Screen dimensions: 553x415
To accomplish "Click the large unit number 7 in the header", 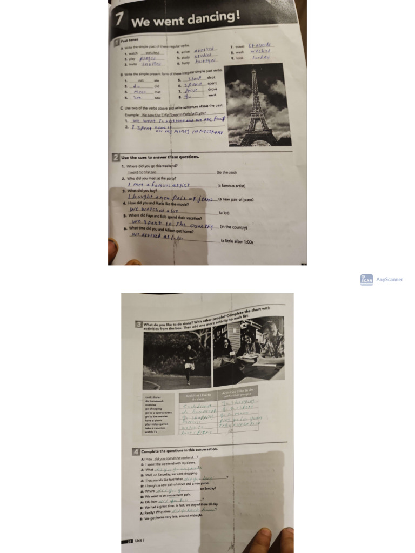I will pos(119,19).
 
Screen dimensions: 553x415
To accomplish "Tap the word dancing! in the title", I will pos(214,18).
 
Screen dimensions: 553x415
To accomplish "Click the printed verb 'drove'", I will pos(212,89).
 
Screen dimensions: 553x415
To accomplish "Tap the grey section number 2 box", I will pos(116,157).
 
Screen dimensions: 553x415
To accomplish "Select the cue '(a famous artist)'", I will pos(231,186).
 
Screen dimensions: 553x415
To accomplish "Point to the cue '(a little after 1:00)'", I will pos(237,241).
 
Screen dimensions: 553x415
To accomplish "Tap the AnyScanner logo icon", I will pos(366,280).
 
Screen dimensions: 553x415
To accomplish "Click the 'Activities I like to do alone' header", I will pos(198,397).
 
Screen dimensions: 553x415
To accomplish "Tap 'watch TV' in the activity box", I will pos(151,431).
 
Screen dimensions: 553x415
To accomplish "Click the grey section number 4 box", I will pos(136,451).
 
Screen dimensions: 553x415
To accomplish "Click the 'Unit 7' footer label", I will pos(140,541).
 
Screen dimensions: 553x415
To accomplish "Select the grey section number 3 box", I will pos(139,325).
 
